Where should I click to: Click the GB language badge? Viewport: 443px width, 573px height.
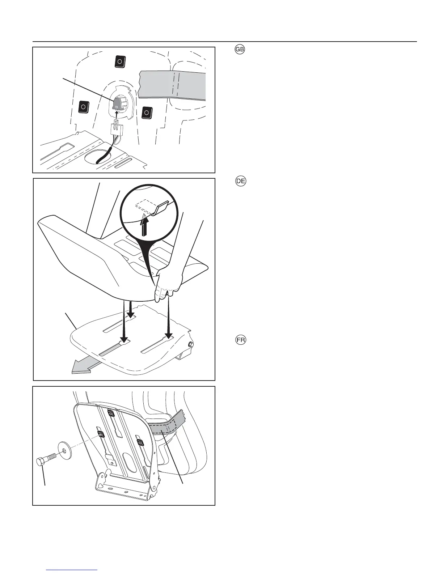click(240, 50)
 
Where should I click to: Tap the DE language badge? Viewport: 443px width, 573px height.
click(240, 182)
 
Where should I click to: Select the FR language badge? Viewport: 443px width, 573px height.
click(240, 341)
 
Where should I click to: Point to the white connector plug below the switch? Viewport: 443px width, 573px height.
click(117, 128)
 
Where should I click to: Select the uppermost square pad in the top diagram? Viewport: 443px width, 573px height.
click(119, 62)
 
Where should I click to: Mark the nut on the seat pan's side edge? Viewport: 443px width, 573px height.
click(190, 345)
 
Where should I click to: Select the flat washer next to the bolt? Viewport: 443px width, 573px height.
click(64, 450)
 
